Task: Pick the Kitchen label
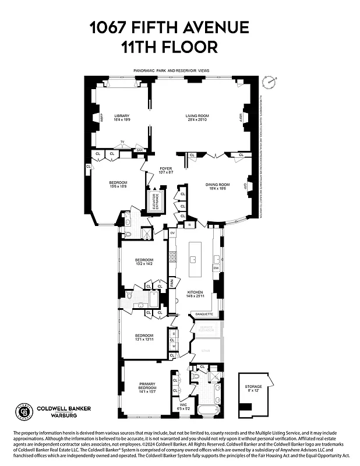194,293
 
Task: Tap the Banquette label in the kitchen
204,314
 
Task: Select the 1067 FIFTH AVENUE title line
169,27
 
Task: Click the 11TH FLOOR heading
169,47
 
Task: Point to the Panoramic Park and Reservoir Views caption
171,70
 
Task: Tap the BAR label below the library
139,150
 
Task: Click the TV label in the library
122,142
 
